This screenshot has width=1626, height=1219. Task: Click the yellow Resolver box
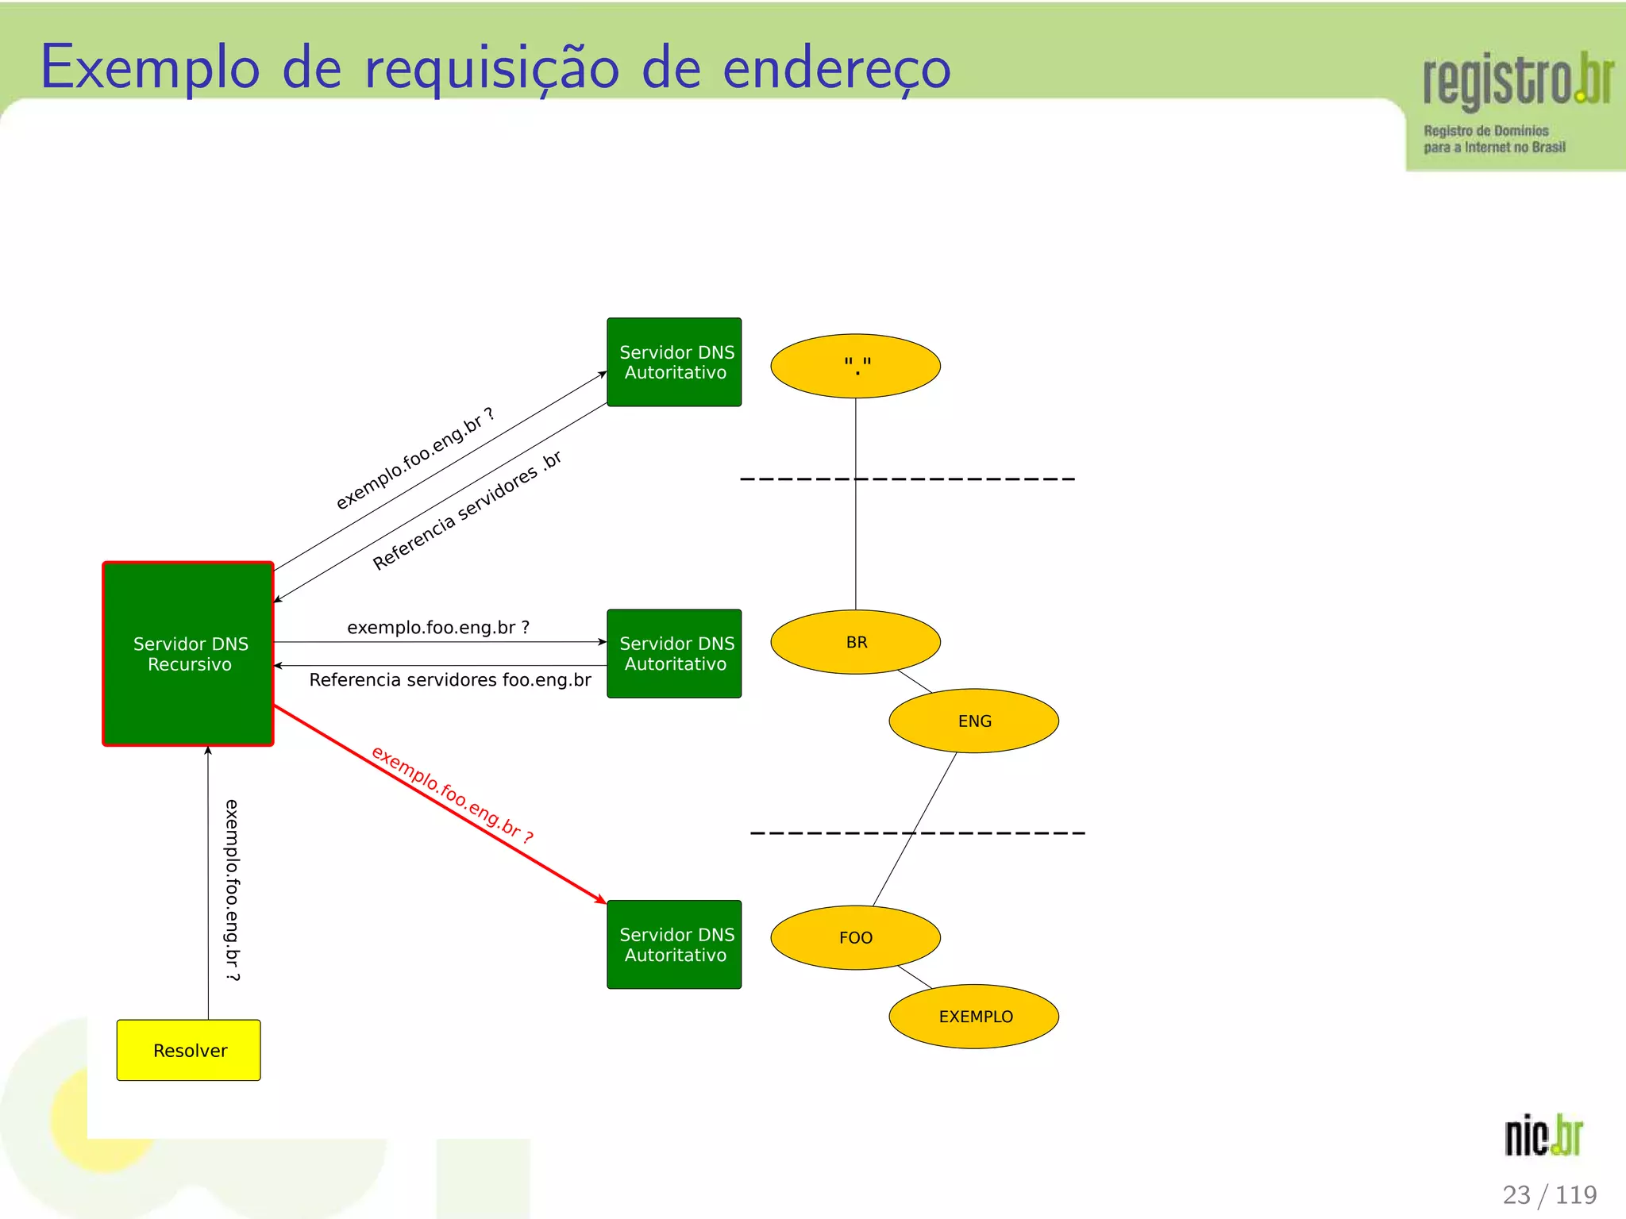pos(188,1050)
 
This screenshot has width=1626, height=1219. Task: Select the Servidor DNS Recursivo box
pos(188,653)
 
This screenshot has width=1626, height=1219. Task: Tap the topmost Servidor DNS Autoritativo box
pos(674,362)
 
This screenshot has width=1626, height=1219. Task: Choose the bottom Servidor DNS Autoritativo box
pos(674,944)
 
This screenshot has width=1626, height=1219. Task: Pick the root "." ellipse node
pos(855,366)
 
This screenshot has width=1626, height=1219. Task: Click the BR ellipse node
pos(855,642)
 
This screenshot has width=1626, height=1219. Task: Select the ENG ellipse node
pos(973,721)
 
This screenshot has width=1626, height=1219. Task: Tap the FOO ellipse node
pos(855,937)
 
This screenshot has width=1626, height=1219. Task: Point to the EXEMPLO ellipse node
pos(973,1017)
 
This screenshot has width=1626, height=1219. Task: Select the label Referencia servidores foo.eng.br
pos(450,680)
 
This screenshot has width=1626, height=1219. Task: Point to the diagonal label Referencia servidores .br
pos(467,510)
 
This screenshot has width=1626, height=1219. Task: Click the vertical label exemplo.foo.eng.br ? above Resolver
pos(232,890)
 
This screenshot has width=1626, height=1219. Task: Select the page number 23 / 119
pos(1549,1194)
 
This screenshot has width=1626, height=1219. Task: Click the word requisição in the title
pos(491,69)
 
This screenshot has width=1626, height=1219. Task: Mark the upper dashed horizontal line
pos(907,479)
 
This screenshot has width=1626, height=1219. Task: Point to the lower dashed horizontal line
pos(917,833)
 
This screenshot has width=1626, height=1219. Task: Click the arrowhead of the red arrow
pos(601,899)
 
